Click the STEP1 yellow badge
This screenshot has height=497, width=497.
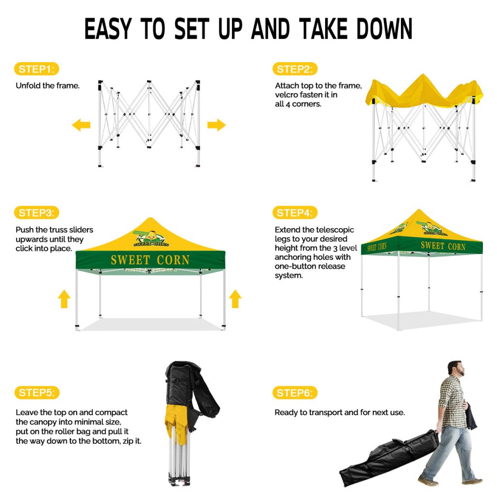36,69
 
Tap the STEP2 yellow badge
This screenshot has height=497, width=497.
295,69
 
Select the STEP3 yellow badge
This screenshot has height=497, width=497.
36,213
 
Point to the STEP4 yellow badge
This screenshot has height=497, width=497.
295,213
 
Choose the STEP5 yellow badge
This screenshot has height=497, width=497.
37,392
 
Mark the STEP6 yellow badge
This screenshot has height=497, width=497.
295,393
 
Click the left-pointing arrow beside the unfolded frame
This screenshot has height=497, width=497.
81,125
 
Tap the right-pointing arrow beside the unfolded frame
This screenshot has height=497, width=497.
216,125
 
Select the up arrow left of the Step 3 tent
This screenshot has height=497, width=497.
64,298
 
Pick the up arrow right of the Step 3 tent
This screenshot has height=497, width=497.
235,298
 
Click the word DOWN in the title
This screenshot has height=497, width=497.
384,29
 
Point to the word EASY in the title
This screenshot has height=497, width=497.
108,29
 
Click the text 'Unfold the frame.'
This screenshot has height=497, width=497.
48,85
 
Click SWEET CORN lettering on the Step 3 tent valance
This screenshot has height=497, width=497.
150,260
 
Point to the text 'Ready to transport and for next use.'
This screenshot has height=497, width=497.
339,413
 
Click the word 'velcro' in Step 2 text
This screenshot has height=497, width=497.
286,95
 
